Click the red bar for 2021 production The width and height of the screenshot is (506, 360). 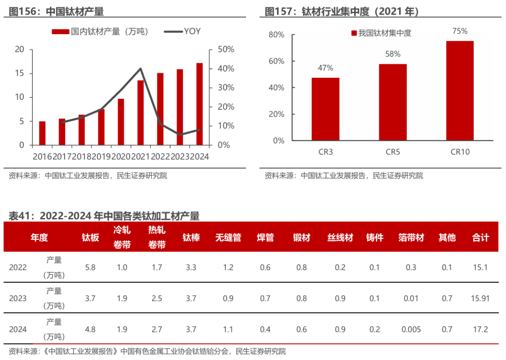[x=141, y=112]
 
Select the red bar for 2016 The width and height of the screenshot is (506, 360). [x=42, y=133]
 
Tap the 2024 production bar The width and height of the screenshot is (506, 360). [x=200, y=104]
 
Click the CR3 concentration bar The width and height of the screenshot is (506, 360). [x=325, y=109]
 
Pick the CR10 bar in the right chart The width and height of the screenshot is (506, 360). [x=460, y=91]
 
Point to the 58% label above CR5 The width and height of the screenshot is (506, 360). [x=393, y=54]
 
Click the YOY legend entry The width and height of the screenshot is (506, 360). [x=182, y=31]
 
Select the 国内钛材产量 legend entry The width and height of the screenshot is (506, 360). [x=100, y=31]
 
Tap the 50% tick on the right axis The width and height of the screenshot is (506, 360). [x=226, y=49]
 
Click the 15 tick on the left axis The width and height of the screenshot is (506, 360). [x=19, y=73]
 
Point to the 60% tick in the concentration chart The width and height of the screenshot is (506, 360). [x=276, y=61]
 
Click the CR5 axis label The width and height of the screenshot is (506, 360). [x=393, y=152]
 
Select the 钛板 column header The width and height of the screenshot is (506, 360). [x=90, y=238]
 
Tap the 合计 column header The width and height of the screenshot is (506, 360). [x=481, y=238]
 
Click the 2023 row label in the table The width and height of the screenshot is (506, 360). [x=18, y=298]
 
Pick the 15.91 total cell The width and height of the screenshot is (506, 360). [x=480, y=298]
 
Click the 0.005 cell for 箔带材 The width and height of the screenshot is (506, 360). [x=411, y=330]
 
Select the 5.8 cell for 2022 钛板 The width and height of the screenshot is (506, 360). [x=90, y=267]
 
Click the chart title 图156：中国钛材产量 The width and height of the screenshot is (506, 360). [x=56, y=12]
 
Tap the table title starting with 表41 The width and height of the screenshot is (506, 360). [x=104, y=216]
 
